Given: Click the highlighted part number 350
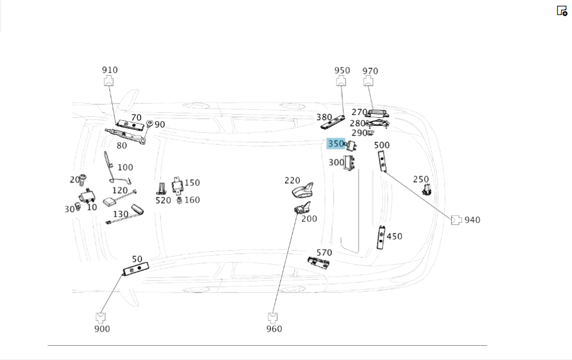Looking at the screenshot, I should point(336,144).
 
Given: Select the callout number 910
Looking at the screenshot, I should point(110,70).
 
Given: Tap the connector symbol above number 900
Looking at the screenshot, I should point(101,317).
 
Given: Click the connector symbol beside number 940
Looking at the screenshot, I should point(456,220).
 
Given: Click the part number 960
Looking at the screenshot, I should point(274,329).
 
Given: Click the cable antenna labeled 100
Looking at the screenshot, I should point(109,167).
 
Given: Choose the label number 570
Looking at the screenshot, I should point(324,253).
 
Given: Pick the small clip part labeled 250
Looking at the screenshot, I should point(426,190).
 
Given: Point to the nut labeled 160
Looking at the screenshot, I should point(180,200).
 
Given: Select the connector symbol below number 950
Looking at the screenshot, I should point(341,82).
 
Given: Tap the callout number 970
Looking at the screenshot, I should point(370,71).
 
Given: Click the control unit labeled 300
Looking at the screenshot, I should point(349,163).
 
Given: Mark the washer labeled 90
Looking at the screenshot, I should point(149,124).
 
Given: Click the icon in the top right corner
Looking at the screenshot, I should point(562,10).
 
